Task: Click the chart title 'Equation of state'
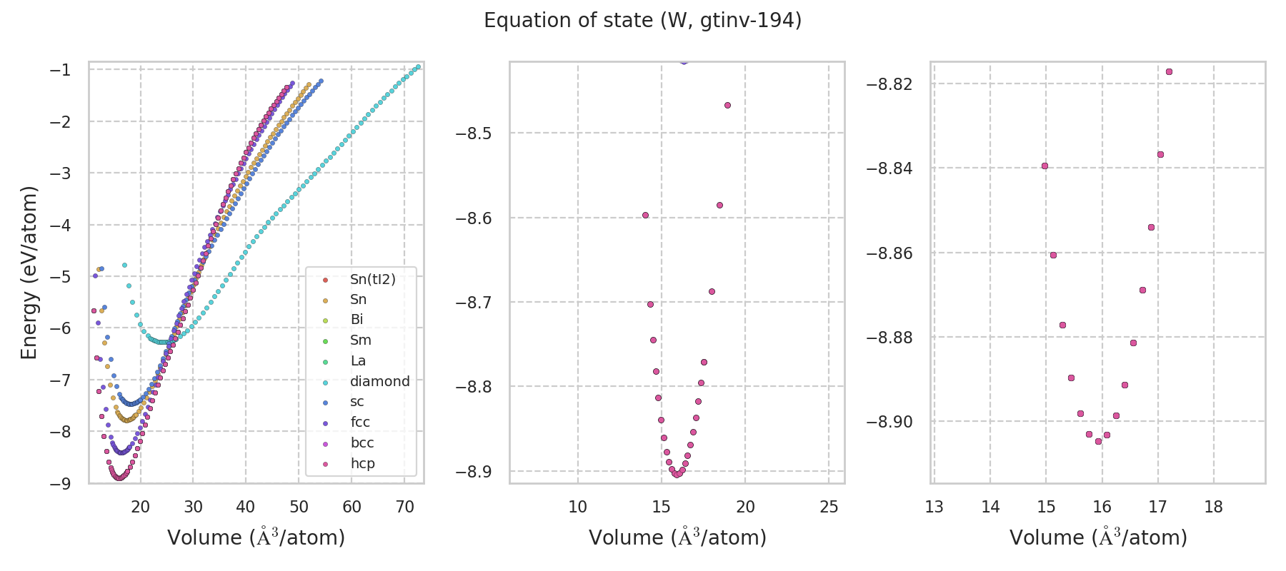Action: point(642,21)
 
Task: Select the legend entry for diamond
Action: point(379,381)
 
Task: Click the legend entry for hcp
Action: point(362,463)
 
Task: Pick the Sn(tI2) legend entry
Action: point(372,279)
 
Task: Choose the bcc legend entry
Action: point(362,443)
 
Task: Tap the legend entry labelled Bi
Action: point(357,320)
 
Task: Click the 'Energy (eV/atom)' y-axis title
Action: point(29,272)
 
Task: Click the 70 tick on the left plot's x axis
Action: point(404,507)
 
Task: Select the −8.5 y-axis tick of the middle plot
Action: point(475,133)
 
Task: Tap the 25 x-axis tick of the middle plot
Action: point(829,507)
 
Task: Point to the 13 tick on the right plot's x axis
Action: point(934,507)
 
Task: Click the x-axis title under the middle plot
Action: point(677,537)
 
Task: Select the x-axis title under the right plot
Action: point(1098,537)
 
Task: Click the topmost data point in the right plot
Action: point(1169,72)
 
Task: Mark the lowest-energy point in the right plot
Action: point(1098,441)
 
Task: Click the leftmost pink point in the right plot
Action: point(1045,166)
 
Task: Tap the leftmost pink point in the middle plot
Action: point(645,215)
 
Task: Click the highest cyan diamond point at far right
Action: point(418,67)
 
